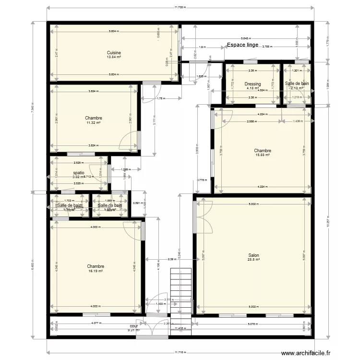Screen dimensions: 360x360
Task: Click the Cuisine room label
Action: pos(114,53)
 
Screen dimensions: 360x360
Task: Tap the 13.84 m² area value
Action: pos(114,57)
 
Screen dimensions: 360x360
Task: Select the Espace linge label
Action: pos(242,45)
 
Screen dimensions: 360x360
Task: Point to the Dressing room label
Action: pos(252,84)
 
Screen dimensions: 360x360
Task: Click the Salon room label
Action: pos(254,255)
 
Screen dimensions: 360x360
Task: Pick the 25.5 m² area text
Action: pos(254,260)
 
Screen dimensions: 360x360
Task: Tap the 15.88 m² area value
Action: pos(263,155)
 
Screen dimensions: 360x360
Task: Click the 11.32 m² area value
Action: pos(94,122)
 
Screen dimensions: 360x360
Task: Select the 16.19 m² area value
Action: pos(96,271)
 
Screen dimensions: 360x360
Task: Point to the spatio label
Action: pos(79,173)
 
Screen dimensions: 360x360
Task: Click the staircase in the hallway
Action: pos(181,293)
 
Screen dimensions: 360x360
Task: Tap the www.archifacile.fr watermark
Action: pos(306,353)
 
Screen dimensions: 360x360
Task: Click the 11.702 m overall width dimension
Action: pos(180,8)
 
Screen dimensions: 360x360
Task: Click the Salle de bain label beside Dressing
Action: pos(297,84)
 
